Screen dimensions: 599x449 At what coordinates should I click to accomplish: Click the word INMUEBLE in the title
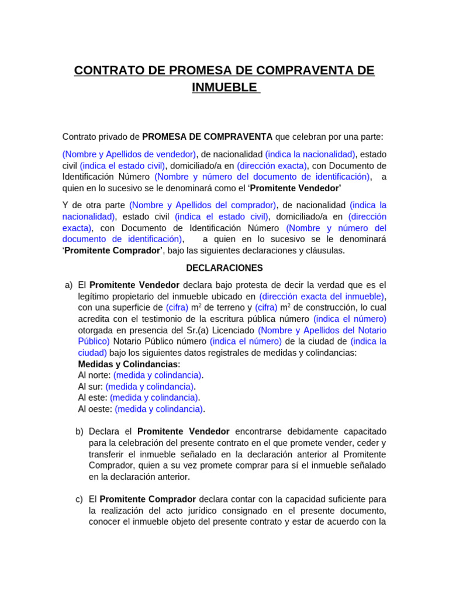pyautogui.click(x=224, y=87)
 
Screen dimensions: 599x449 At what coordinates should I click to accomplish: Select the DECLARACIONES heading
pyautogui.click(x=224, y=268)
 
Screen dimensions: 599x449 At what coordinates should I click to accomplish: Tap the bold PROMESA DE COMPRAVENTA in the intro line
pyautogui.click(x=208, y=136)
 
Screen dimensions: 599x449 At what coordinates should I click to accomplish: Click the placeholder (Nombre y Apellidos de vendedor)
pyautogui.click(x=129, y=154)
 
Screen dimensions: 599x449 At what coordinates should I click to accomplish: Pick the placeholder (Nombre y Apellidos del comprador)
pyautogui.click(x=203, y=205)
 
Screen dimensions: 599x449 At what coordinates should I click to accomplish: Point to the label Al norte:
pyautogui.click(x=94, y=375)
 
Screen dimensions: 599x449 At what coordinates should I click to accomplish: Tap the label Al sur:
pyautogui.click(x=90, y=387)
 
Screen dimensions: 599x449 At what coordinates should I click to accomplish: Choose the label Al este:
pyautogui.click(x=92, y=398)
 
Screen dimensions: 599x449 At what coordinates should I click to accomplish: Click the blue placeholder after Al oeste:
pyautogui.click(x=159, y=409)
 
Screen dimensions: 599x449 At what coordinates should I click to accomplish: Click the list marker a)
pyautogui.click(x=69, y=285)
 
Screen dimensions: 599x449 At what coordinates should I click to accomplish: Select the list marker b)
pyautogui.click(x=80, y=431)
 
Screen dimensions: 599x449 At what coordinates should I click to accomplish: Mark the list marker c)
pyautogui.click(x=80, y=499)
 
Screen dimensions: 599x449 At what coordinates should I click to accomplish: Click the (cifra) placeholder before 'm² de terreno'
pyautogui.click(x=177, y=308)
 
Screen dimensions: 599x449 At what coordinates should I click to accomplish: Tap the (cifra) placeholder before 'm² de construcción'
pyautogui.click(x=266, y=308)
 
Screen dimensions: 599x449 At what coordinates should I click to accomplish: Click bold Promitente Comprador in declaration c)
pyautogui.click(x=148, y=499)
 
